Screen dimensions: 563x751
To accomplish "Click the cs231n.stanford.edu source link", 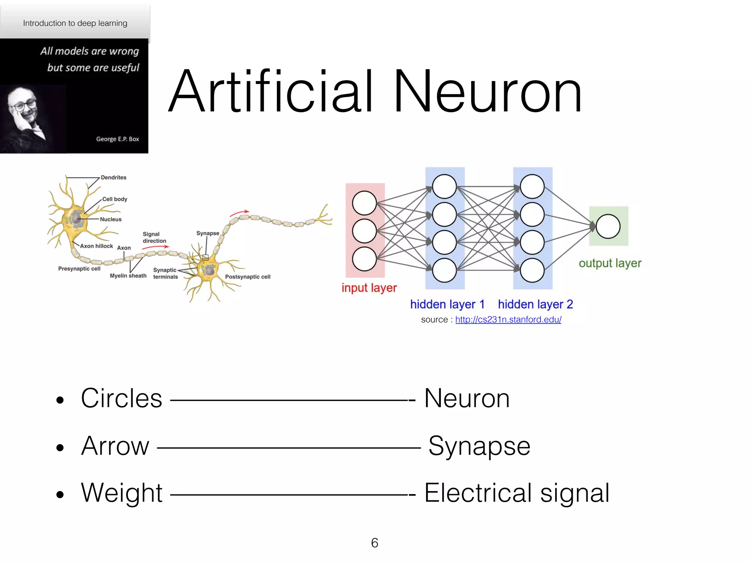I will pyautogui.click(x=508, y=320).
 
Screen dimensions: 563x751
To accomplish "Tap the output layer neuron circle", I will pyautogui.click(x=608, y=227).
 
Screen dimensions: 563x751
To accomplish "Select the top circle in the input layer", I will pyautogui.click(x=364, y=203).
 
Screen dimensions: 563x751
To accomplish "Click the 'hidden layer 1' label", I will pyautogui.click(x=447, y=304).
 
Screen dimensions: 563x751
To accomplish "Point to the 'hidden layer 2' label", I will pyautogui.click(x=535, y=304).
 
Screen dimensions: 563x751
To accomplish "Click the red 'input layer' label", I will pyautogui.click(x=369, y=288).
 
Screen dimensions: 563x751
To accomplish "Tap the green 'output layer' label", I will pyautogui.click(x=610, y=263).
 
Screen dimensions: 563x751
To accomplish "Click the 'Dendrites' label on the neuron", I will pyautogui.click(x=113, y=177).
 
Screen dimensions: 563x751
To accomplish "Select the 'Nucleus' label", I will pyautogui.click(x=111, y=219).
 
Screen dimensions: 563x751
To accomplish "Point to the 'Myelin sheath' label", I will pyautogui.click(x=128, y=276).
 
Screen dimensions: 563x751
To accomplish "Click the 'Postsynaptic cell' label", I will pyautogui.click(x=248, y=277).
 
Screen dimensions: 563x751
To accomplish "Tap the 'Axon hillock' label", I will pyautogui.click(x=96, y=246).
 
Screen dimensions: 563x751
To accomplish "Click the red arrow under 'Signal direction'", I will pyautogui.click(x=155, y=247).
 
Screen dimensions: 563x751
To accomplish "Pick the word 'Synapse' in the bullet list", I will pyautogui.click(x=479, y=446).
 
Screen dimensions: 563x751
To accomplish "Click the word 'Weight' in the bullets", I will pyautogui.click(x=122, y=493).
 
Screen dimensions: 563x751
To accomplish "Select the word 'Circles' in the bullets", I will pyautogui.click(x=121, y=398).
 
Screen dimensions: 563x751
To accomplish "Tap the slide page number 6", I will pyautogui.click(x=374, y=543).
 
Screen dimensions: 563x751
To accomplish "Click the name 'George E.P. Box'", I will pyautogui.click(x=117, y=139).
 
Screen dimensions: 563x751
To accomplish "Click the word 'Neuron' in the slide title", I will pyautogui.click(x=487, y=92).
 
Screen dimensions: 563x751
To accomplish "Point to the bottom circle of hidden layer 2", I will pyautogui.click(x=532, y=271).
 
